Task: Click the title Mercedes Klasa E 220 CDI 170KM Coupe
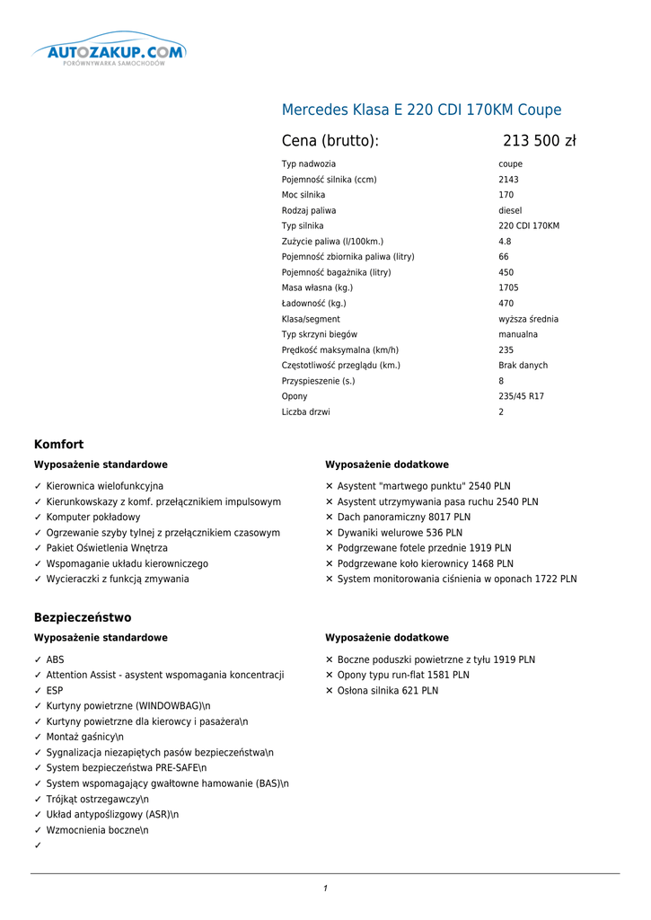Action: [x=421, y=111]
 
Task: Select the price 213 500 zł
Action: [x=539, y=141]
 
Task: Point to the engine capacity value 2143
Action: [x=508, y=180]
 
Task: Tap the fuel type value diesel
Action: [x=510, y=210]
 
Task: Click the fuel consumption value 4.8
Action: [x=505, y=242]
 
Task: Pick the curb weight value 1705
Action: [x=508, y=287]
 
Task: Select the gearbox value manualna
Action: [x=518, y=334]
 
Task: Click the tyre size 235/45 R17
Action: [x=521, y=396]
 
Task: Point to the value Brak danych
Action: [x=523, y=366]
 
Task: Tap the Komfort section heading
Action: [x=58, y=445]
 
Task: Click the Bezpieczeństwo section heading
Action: [x=83, y=618]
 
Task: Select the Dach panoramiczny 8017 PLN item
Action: [x=403, y=517]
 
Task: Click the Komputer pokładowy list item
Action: [x=93, y=517]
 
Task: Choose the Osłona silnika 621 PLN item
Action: [x=387, y=691]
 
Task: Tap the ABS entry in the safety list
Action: [x=55, y=659]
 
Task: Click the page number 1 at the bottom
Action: [x=325, y=889]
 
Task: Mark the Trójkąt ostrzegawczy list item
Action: [x=97, y=799]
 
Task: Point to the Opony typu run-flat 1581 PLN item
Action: [x=402, y=675]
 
